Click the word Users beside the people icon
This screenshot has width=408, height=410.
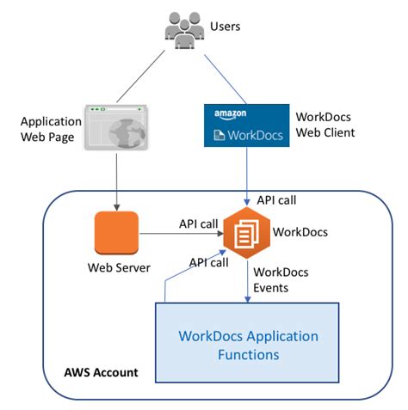[226, 27]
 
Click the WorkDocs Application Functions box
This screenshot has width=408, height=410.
[247, 344]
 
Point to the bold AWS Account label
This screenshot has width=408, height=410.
[101, 374]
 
